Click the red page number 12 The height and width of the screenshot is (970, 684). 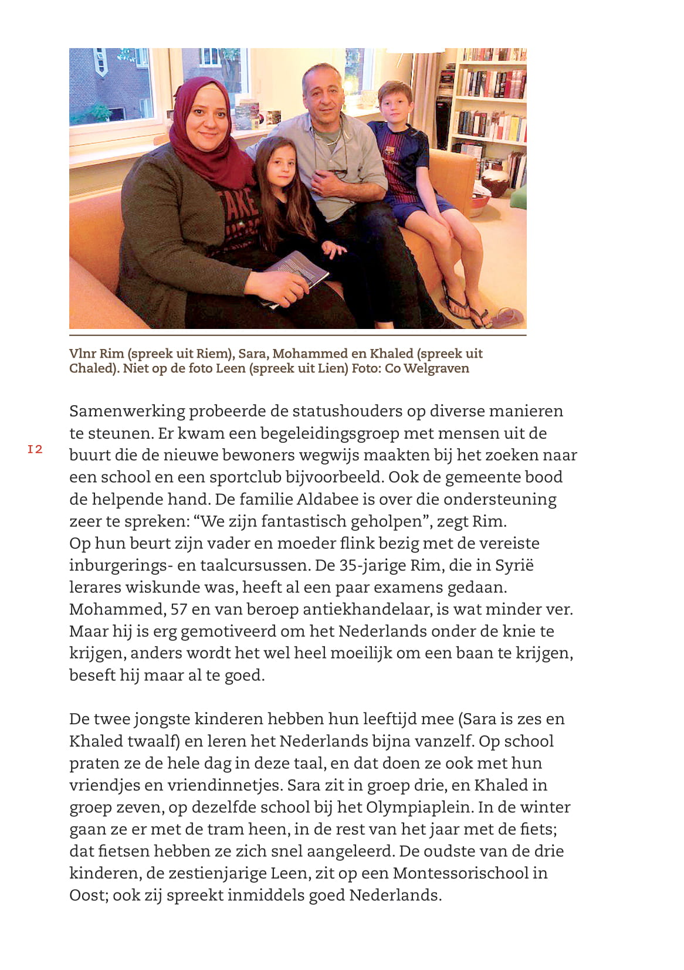click(35, 449)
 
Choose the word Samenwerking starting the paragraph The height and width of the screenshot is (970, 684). click(127, 411)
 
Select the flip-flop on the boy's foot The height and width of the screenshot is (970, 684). click(460, 302)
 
